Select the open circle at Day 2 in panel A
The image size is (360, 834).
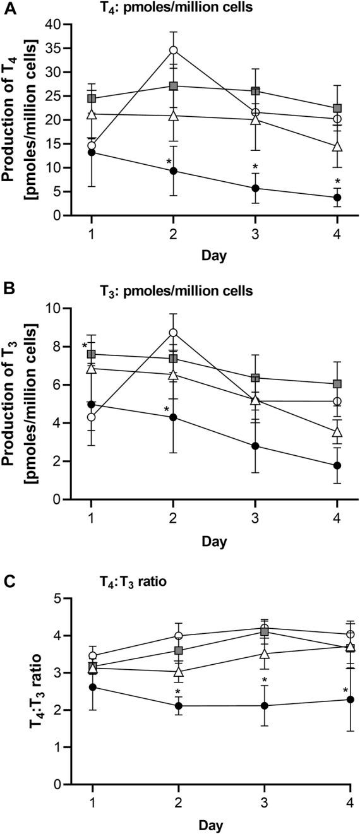tap(173, 50)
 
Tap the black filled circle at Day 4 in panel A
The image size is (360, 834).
tap(337, 198)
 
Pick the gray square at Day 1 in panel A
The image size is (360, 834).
tap(92, 98)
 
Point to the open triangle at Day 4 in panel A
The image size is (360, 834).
tap(337, 146)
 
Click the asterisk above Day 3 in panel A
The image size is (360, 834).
tap(255, 169)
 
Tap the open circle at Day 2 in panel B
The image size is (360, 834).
tap(173, 333)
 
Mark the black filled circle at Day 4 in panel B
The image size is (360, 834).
tap(337, 465)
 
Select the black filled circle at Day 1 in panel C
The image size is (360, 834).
tap(93, 687)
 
